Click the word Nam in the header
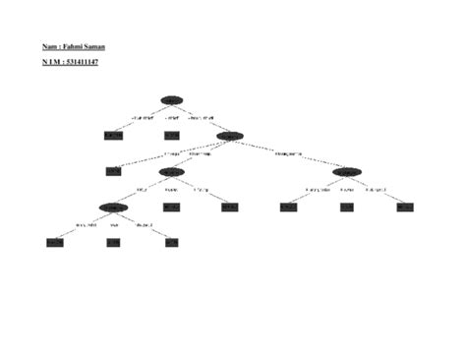(x=49, y=46)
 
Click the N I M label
(x=51, y=62)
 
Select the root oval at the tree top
(x=172, y=100)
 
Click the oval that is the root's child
(x=230, y=136)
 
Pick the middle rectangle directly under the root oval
(x=172, y=136)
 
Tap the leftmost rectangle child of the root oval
(x=113, y=136)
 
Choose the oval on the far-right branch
(x=346, y=171)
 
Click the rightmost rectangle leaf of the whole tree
(x=405, y=207)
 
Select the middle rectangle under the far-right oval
(x=346, y=207)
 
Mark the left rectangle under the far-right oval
(x=288, y=207)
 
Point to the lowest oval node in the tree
(x=113, y=207)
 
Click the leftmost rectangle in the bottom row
(x=55, y=242)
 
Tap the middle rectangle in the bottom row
(x=113, y=242)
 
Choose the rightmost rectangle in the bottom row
(x=172, y=242)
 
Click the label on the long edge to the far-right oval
(x=288, y=153)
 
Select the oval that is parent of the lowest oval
(x=172, y=171)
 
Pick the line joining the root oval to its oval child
(x=202, y=118)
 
